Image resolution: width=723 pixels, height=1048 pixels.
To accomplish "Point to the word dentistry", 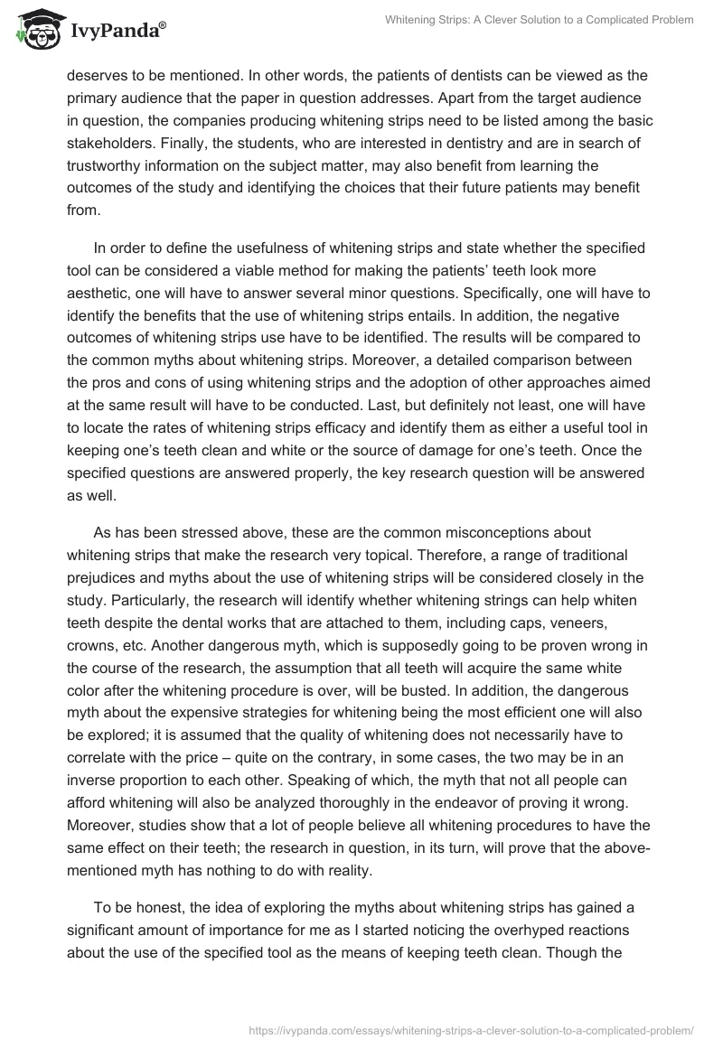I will (477, 142).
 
